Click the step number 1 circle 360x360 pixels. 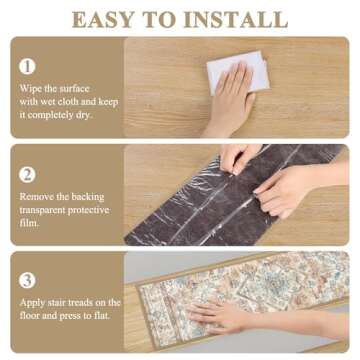point(28,66)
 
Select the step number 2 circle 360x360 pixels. point(28,172)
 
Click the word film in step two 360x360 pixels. point(28,222)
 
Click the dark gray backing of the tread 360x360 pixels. point(170,215)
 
